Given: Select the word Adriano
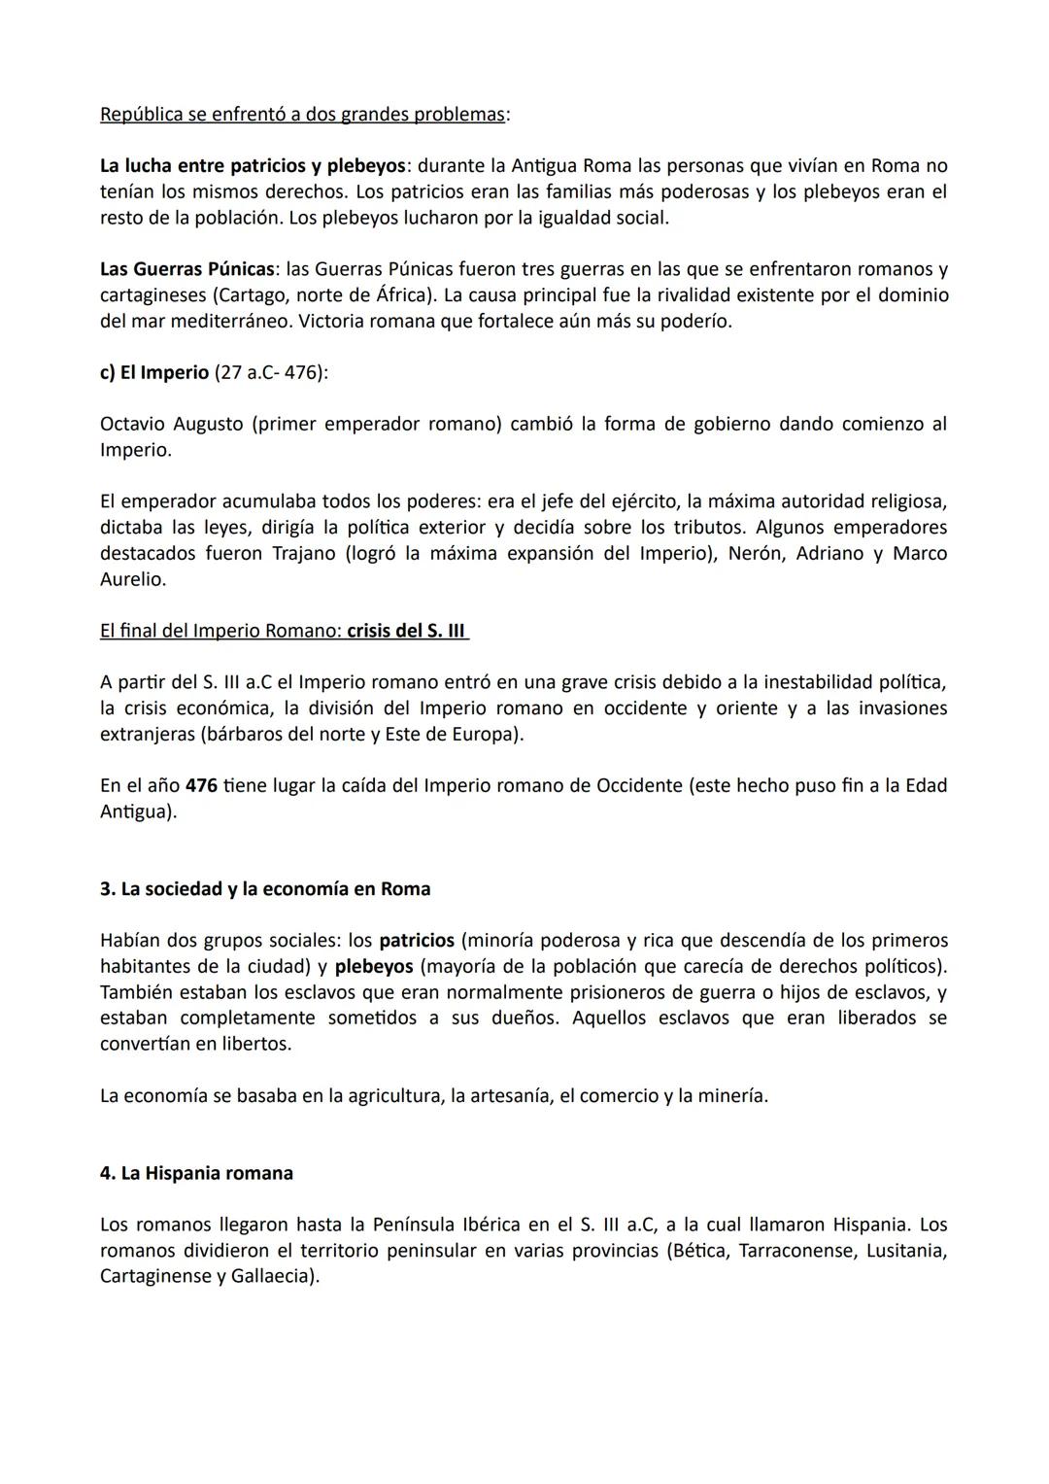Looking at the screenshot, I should (x=832, y=554).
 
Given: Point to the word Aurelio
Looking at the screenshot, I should (x=133, y=580).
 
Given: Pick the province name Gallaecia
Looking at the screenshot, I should (x=273, y=1276).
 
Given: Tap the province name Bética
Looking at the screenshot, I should (x=696, y=1251).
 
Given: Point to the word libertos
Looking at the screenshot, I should (x=254, y=1045).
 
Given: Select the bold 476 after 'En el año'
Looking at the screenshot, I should (x=201, y=786).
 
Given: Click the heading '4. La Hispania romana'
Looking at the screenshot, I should (x=196, y=1174).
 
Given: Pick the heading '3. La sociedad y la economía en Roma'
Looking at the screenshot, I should (x=265, y=889).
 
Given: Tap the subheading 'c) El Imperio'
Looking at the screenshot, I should (x=154, y=373).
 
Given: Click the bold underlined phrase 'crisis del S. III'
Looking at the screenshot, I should (x=407, y=632).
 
